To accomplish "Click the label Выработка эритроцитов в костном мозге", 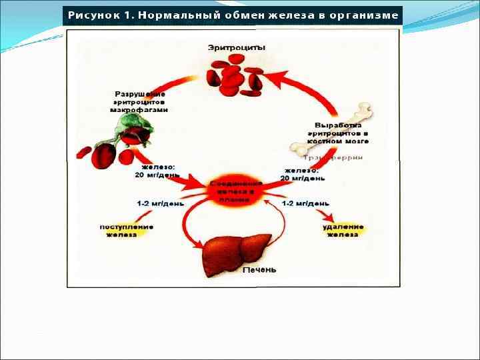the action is click(x=342, y=133).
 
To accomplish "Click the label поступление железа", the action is click(x=127, y=230).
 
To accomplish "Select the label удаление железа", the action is click(x=343, y=230).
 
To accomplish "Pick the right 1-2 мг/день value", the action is click(x=305, y=203).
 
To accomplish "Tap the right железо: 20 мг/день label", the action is click(x=304, y=174).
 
